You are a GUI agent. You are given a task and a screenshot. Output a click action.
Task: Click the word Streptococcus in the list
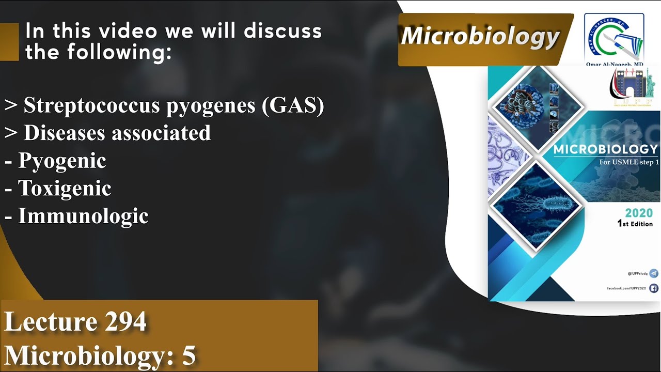point(91,105)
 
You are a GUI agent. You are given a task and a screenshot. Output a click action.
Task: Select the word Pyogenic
point(62,161)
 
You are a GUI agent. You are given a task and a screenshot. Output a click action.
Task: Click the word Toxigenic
point(65,188)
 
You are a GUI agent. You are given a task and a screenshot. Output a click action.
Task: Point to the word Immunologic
point(83,216)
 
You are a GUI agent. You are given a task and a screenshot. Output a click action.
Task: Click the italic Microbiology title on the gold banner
point(480,36)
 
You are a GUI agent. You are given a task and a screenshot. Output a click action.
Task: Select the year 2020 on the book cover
point(638,213)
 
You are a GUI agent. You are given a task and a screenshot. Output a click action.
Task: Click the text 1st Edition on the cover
point(635,224)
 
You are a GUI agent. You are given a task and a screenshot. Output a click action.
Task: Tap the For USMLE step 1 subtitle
point(628,162)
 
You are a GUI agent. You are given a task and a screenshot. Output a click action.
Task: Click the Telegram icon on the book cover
point(654,273)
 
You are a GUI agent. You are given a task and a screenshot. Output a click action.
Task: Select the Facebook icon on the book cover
point(654,288)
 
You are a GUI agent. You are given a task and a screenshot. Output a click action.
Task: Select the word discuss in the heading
point(282,32)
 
